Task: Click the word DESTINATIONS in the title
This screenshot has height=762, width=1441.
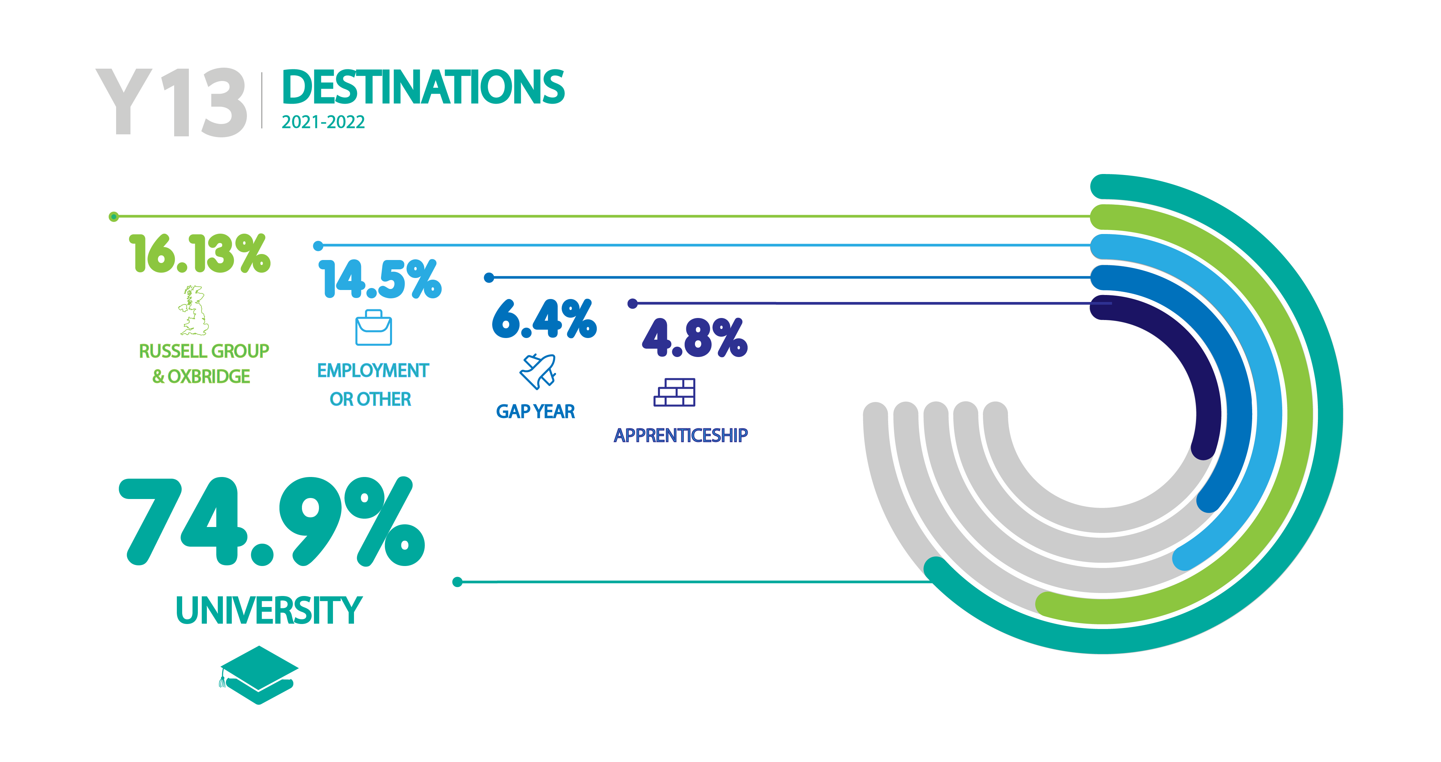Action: click(x=423, y=87)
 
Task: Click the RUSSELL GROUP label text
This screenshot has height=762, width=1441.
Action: click(x=204, y=351)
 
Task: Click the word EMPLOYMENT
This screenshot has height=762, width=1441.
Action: click(x=373, y=371)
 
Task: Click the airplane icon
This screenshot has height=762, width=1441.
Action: click(x=537, y=371)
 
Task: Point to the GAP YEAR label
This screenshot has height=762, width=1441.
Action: click(x=535, y=411)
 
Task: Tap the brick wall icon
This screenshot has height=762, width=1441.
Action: click(x=675, y=392)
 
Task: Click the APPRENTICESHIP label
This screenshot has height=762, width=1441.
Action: click(x=680, y=435)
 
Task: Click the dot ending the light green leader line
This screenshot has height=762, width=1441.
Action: click(x=113, y=216)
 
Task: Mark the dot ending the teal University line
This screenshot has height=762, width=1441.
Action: click(x=457, y=582)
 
